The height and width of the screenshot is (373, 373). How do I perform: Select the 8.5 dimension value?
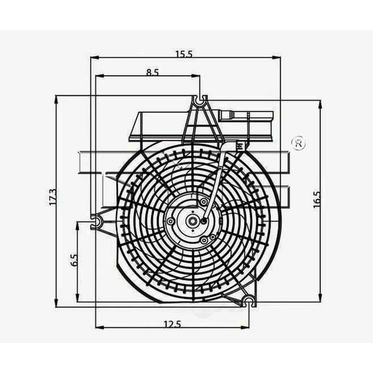click(x=152, y=73)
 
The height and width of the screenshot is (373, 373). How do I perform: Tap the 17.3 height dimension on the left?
click(x=52, y=198)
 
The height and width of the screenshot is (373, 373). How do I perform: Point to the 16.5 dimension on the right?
click(x=317, y=199)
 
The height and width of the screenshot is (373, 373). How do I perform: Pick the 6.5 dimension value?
click(x=73, y=260)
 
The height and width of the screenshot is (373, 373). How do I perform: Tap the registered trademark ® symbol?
click(x=299, y=144)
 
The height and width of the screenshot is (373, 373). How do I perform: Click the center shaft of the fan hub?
click(x=192, y=221)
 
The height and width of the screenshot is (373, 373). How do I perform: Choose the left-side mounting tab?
click(x=97, y=222)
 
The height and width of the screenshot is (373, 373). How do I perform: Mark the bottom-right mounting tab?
click(x=249, y=300)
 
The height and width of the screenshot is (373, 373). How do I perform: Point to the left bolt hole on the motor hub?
click(x=170, y=221)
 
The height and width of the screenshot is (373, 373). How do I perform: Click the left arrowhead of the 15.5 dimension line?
click(x=93, y=58)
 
